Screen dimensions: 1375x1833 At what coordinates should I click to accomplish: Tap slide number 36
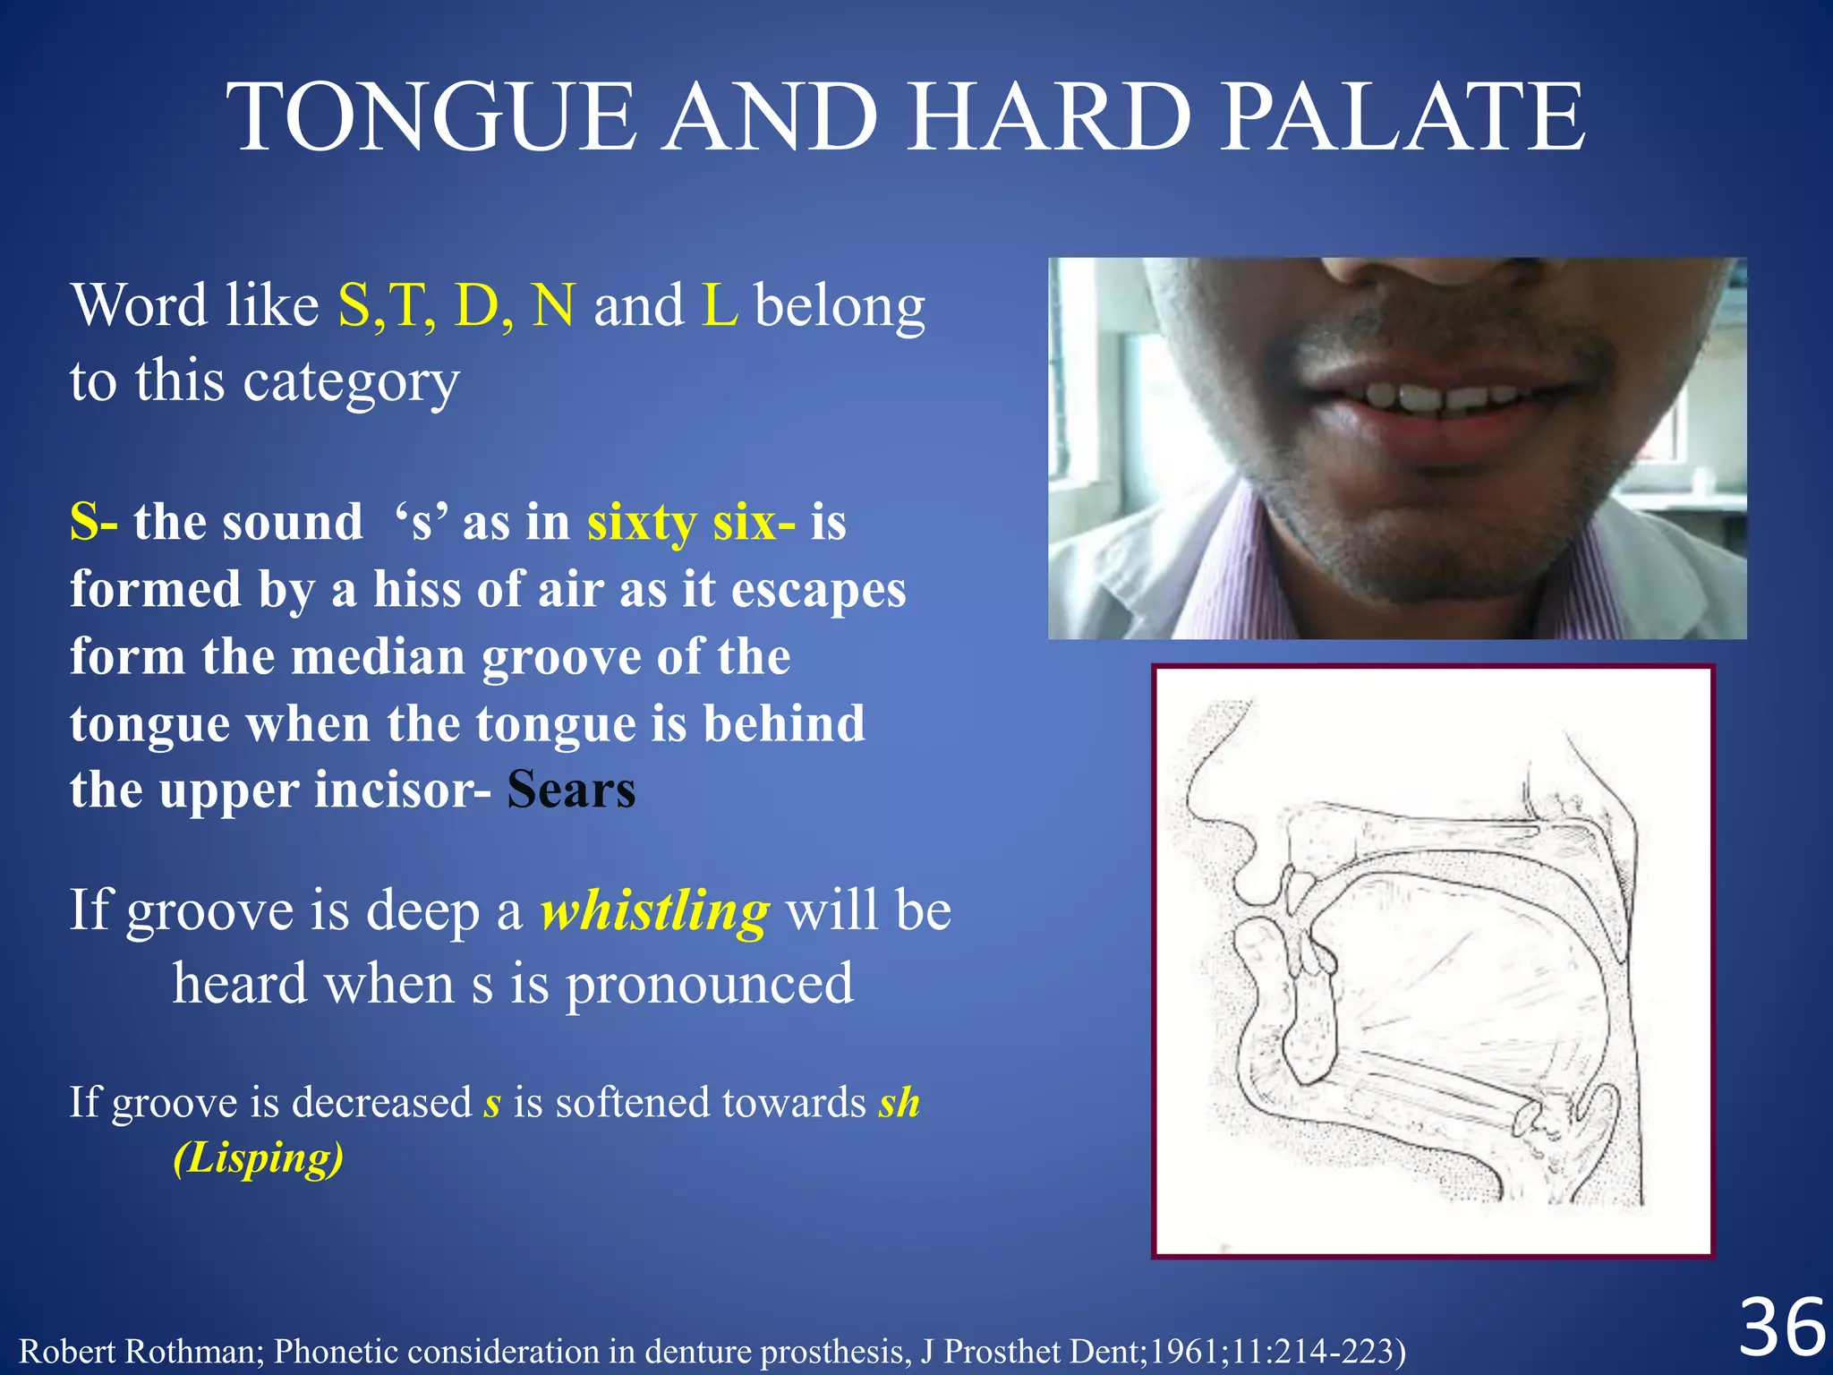coord(1781,1328)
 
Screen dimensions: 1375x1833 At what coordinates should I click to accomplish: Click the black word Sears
coord(571,790)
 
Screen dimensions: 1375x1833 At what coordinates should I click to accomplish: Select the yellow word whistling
coord(654,911)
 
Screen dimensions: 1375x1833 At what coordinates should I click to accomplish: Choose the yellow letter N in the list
coord(552,305)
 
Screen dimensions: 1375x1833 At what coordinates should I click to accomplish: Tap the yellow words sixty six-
coord(690,522)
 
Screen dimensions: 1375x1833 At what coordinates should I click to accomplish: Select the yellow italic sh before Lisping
coord(899,1102)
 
